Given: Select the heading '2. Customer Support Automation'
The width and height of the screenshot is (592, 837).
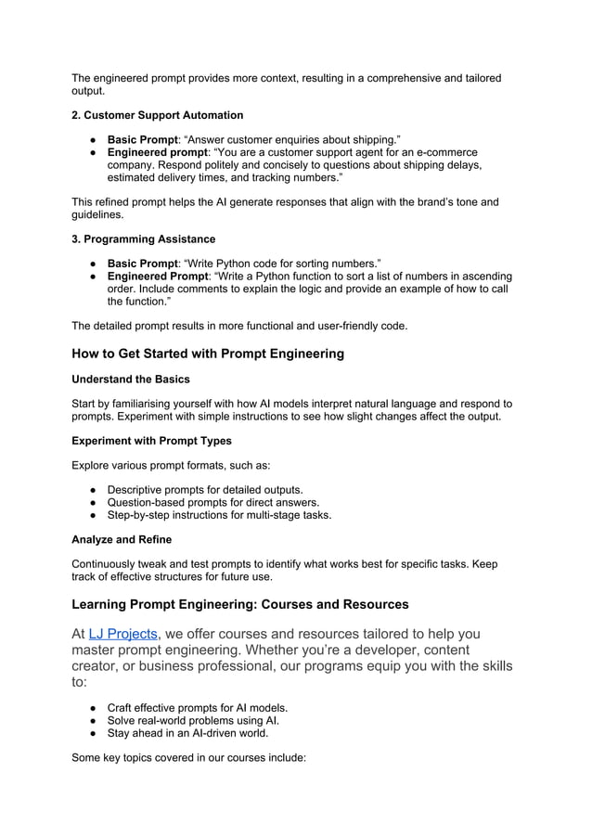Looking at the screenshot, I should pyautogui.click(x=157, y=115).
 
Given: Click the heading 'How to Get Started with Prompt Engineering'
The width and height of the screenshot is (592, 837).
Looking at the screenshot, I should pyautogui.click(x=208, y=353).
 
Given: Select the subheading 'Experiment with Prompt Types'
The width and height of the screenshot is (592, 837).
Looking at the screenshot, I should pyautogui.click(x=151, y=441).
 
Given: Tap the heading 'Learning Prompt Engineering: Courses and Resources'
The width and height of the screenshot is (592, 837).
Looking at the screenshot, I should pyautogui.click(x=239, y=604).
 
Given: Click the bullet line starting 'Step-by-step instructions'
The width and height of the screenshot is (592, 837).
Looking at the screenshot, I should pyautogui.click(x=219, y=515).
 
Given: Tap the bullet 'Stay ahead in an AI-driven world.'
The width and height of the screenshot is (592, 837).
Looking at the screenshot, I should pyautogui.click(x=188, y=733).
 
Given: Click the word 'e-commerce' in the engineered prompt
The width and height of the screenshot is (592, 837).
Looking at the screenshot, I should pyautogui.click(x=445, y=152).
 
